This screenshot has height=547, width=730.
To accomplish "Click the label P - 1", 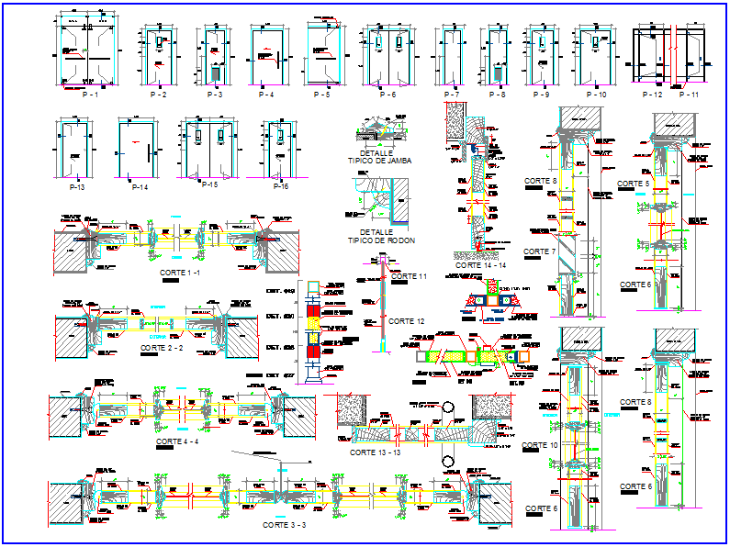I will [x=90, y=95].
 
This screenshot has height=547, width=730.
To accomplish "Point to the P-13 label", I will [x=77, y=186].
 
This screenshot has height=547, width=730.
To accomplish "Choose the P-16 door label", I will [x=279, y=186].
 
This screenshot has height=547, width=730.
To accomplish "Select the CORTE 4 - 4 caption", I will [x=177, y=441].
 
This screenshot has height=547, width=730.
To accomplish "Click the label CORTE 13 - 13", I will [x=376, y=452].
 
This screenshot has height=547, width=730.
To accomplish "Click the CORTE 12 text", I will [x=406, y=321].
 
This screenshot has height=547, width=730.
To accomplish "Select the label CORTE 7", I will [x=540, y=251].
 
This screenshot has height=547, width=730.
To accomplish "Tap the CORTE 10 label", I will [x=540, y=445].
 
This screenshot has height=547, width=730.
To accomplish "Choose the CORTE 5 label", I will [x=634, y=184].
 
